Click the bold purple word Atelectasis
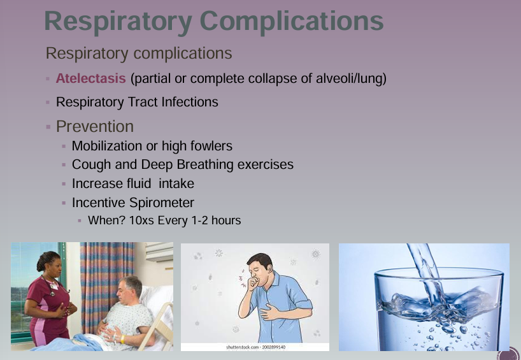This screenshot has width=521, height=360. pyautogui.click(x=90, y=79)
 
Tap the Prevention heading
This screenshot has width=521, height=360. pyautogui.click(x=95, y=126)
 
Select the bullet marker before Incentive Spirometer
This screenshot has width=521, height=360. pyautogui.click(x=64, y=203)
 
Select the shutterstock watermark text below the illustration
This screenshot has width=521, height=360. pyautogui.click(x=255, y=347)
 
